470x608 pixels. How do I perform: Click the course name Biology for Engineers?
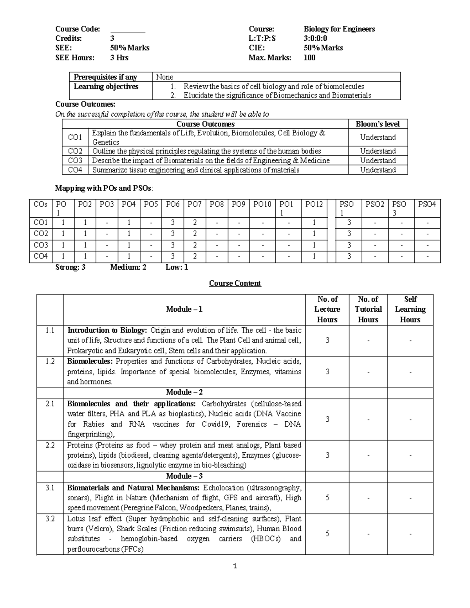click(x=339, y=29)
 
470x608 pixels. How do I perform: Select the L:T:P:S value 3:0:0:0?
click(x=315, y=38)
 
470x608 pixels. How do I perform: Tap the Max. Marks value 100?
click(x=309, y=58)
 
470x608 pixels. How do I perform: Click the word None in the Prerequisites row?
click(x=164, y=77)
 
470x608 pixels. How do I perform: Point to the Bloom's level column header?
click(x=378, y=124)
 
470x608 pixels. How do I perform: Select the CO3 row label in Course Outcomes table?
click(x=75, y=161)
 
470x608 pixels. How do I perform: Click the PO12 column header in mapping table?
click(x=314, y=204)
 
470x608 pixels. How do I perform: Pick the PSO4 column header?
click(x=427, y=204)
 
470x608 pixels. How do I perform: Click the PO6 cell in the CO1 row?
click(x=172, y=223)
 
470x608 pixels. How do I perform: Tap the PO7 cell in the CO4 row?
click(x=195, y=256)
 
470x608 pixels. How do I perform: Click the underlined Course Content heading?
click(x=235, y=283)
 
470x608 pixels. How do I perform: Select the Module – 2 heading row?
click(x=184, y=392)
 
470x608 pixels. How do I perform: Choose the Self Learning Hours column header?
click(x=410, y=309)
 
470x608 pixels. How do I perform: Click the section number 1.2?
click(x=50, y=361)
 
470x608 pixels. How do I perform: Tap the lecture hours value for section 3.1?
click(x=327, y=498)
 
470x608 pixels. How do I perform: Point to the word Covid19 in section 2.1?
click(x=216, y=424)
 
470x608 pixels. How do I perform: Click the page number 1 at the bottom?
click(x=235, y=566)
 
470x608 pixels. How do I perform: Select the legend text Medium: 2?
click(x=128, y=267)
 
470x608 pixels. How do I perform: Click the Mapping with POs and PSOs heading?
click(x=104, y=188)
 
